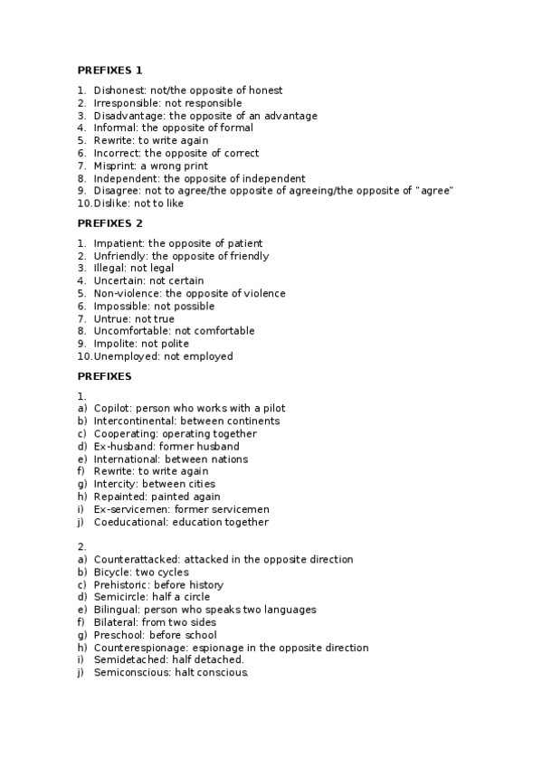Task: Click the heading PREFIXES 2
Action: pos(109,223)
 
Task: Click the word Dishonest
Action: pos(118,90)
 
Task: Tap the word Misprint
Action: pos(114,166)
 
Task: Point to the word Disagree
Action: pos(116,191)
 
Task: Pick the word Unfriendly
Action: pos(119,256)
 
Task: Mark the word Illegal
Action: pos(109,269)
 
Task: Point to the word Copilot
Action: pos(112,409)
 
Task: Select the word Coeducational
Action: pos(130,522)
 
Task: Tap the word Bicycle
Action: pos(112,573)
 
